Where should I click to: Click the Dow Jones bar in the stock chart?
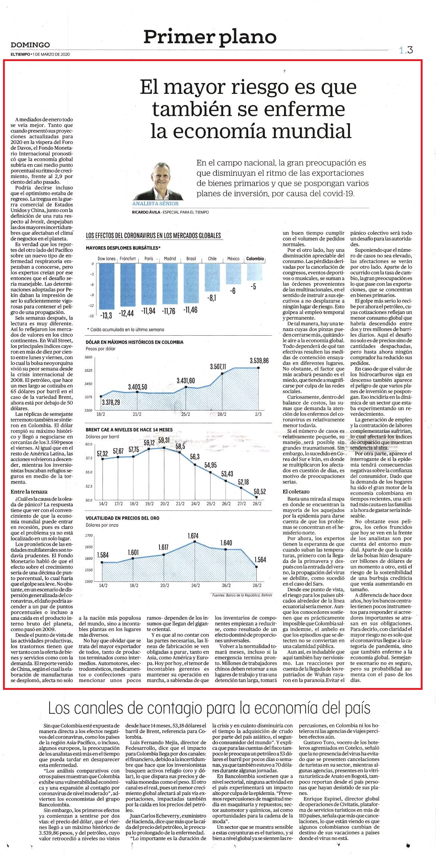coord(107,286)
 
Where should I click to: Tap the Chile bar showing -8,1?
coord(212,278)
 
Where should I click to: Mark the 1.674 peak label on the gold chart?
coord(193,536)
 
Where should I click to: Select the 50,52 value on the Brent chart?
coord(260,492)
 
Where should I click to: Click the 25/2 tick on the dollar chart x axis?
coord(186,414)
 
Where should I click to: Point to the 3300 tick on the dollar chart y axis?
coord(88,410)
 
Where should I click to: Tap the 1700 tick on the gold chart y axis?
coord(89,535)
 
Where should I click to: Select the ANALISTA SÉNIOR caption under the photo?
coord(155,204)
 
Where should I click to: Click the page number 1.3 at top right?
coord(406,50)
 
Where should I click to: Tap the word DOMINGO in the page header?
coord(30,45)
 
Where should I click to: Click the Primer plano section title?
coord(210,37)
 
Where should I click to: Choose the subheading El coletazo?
coord(296,492)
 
